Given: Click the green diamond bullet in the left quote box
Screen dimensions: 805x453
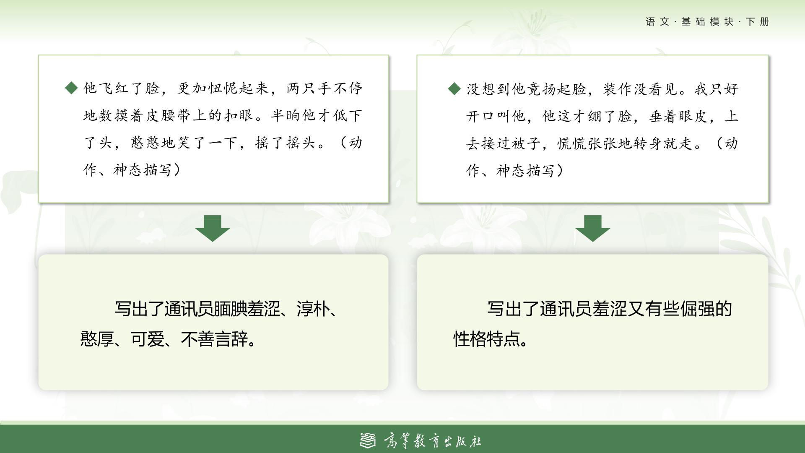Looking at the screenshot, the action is pyautogui.click(x=72, y=88).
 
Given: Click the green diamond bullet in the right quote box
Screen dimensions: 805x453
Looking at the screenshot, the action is pyautogui.click(x=454, y=89).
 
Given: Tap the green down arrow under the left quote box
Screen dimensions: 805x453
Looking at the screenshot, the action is pyautogui.click(x=213, y=229).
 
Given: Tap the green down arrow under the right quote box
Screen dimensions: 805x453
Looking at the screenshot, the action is pyautogui.click(x=593, y=229).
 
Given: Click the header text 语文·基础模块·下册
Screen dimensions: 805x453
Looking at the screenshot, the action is pyautogui.click(x=708, y=22).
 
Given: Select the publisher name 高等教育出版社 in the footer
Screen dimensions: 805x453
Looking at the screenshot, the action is pyautogui.click(x=432, y=441).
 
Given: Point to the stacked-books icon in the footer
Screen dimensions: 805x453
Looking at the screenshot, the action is pyautogui.click(x=369, y=440).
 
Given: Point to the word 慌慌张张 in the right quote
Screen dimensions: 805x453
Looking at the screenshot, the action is pyautogui.click(x=588, y=143).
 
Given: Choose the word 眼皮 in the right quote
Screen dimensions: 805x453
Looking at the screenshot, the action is pyautogui.click(x=694, y=116).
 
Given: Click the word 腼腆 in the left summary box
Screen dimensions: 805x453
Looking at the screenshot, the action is pyautogui.click(x=230, y=309).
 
